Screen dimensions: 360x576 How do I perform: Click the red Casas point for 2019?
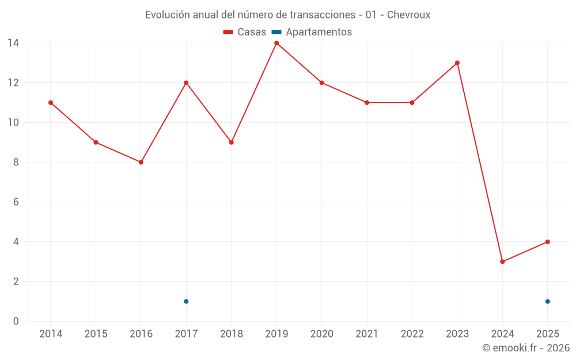[x=276, y=43]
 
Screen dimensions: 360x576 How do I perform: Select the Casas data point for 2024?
[x=502, y=262]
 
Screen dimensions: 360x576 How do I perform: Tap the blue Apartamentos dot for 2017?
[x=186, y=301]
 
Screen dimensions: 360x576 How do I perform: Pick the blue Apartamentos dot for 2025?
[x=547, y=301]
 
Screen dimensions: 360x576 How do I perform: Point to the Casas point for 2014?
[x=51, y=103]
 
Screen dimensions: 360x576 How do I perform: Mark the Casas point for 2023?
[x=457, y=63]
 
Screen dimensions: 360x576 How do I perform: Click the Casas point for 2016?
[x=141, y=162]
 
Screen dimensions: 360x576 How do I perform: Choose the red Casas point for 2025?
[x=547, y=242]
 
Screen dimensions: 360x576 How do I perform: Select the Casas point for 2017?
[x=186, y=82]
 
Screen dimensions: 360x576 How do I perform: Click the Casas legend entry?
[x=245, y=32]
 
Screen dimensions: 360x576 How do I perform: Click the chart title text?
[x=287, y=14]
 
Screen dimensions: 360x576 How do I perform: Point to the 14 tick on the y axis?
[x=13, y=43]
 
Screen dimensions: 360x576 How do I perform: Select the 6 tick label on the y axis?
[x=16, y=202]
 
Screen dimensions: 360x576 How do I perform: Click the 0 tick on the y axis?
[x=16, y=321]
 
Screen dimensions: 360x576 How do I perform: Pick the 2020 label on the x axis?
[x=321, y=334]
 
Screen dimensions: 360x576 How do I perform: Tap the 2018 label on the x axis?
[x=231, y=334]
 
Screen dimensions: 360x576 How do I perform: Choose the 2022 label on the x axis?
[x=412, y=334]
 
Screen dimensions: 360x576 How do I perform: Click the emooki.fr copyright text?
[x=526, y=348]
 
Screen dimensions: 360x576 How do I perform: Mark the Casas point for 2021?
[x=367, y=103]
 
